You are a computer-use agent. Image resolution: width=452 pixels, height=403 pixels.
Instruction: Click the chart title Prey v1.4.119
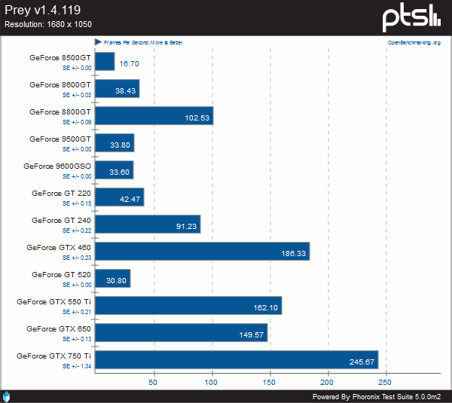[x=42, y=11]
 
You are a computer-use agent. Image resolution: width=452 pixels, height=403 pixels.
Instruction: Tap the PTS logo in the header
[x=411, y=17]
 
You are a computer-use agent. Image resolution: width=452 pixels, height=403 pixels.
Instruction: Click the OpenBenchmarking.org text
[x=414, y=43]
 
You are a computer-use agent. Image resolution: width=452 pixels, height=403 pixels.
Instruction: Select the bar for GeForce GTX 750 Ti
[x=237, y=359]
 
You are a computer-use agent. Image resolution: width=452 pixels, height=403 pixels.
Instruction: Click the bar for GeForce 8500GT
[x=105, y=61]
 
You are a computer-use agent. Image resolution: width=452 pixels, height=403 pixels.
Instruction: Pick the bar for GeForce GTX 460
[x=202, y=251]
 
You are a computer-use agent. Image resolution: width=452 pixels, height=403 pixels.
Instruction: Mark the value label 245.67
[x=362, y=362]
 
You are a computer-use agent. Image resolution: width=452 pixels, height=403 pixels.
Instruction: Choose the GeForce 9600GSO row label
[x=56, y=166]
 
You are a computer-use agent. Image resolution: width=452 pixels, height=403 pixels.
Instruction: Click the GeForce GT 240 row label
[x=61, y=220]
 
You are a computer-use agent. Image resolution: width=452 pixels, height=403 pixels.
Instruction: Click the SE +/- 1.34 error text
[x=76, y=366]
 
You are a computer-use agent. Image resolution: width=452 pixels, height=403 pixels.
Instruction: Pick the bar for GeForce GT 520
[x=113, y=278]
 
